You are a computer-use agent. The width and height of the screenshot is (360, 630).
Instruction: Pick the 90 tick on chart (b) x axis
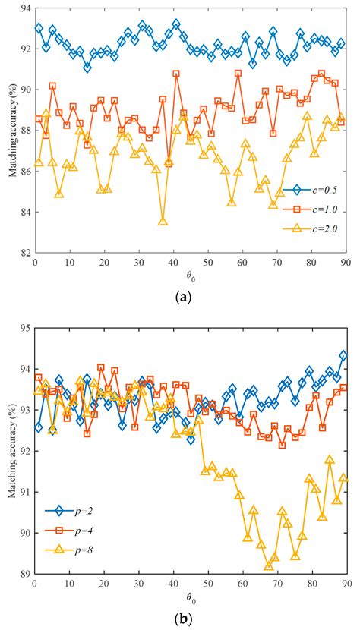click(x=344, y=584)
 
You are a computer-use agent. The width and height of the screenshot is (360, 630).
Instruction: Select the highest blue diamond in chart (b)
click(x=343, y=355)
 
